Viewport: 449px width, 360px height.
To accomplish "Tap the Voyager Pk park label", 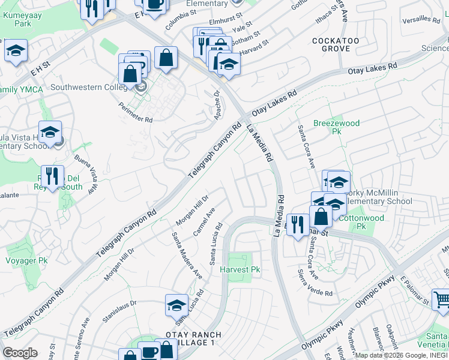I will tap(26, 261).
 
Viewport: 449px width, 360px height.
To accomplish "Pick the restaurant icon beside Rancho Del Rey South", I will tap(53, 176).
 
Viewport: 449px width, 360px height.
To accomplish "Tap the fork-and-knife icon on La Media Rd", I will tap(298, 225).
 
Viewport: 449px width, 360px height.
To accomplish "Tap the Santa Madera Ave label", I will tap(187, 254).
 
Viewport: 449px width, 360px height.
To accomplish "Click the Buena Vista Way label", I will tap(86, 175).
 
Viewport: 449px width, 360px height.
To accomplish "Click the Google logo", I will tap(20, 352).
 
